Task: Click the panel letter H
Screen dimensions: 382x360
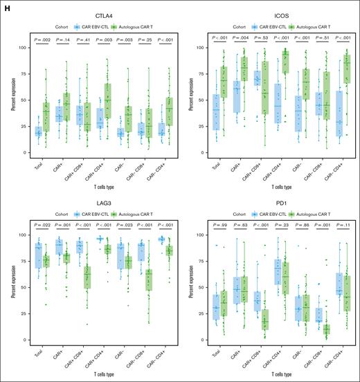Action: click(x=6, y=5)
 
